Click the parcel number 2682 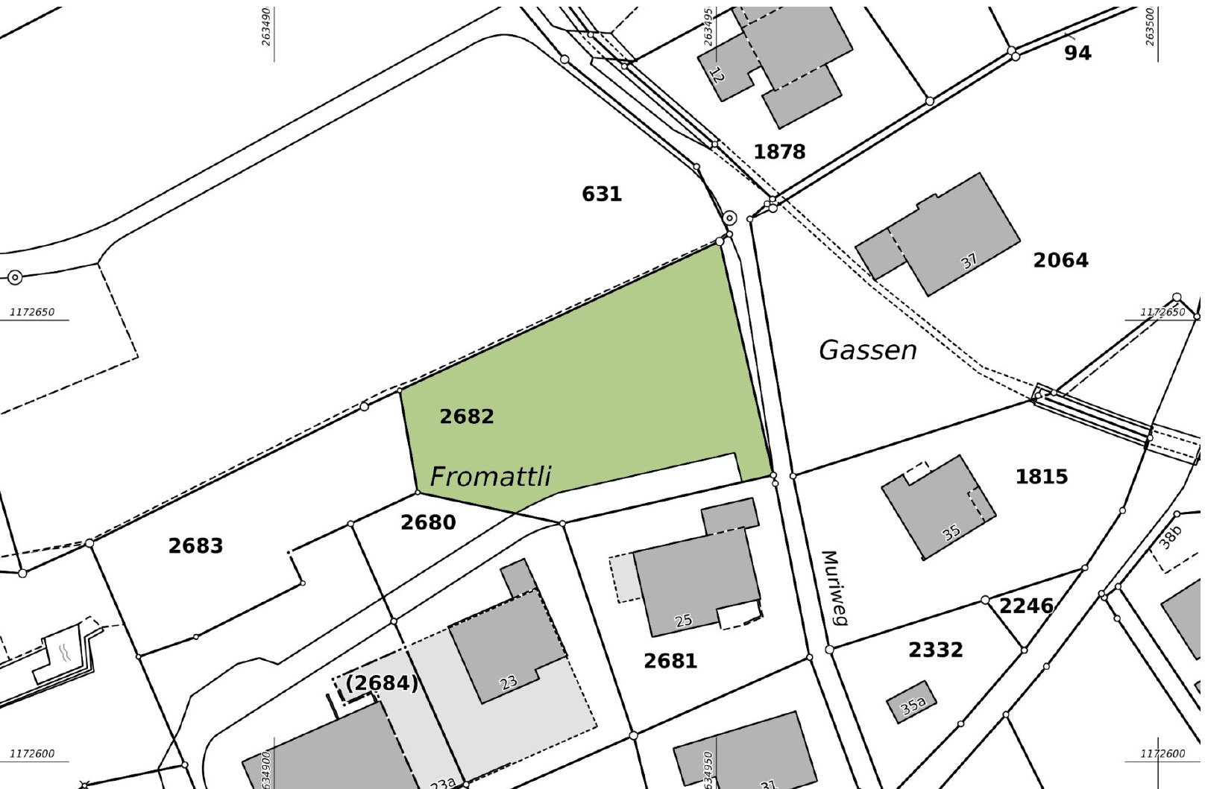tap(467, 416)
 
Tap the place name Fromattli tap(491, 477)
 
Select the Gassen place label tap(868, 350)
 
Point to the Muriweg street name tap(834, 588)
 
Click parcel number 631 tap(602, 194)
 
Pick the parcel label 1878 tap(779, 152)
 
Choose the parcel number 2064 tap(1060, 260)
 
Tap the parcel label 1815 tap(1042, 477)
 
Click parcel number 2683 tap(195, 546)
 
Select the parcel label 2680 tap(428, 523)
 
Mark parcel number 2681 tap(670, 661)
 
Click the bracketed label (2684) tap(382, 683)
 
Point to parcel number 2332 tap(936, 650)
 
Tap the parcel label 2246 tap(1026, 606)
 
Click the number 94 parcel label tap(1077, 53)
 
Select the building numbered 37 tap(969, 262)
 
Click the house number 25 tap(683, 621)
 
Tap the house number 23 tap(508, 682)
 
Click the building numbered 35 tap(951, 533)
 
